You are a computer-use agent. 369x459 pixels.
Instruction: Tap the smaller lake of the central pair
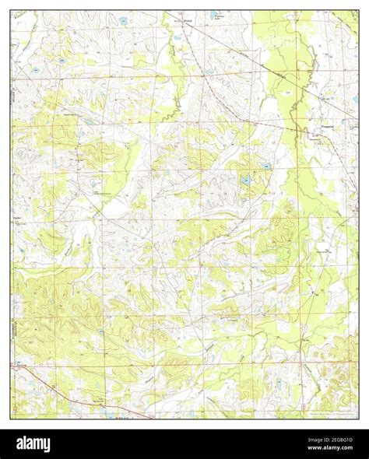pos(266,166)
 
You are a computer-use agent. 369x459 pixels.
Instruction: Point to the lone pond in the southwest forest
pos(100,332)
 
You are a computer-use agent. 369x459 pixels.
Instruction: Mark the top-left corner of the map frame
pos(12,11)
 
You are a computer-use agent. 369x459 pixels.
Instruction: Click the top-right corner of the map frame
pos(359,11)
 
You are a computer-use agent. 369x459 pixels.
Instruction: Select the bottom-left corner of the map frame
pos(12,419)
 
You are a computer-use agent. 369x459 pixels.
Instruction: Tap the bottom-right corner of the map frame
pos(359,419)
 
